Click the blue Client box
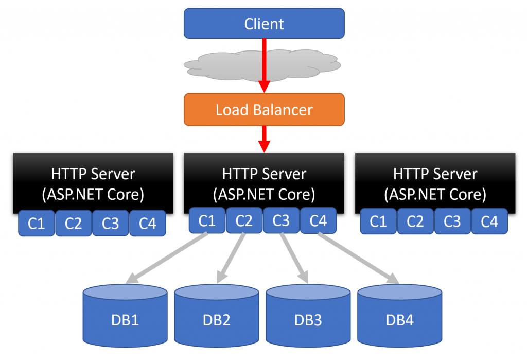(x=264, y=23)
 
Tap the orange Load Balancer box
(x=264, y=109)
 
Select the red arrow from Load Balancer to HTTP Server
(x=264, y=139)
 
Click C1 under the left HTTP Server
(x=37, y=223)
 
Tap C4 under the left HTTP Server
(x=148, y=223)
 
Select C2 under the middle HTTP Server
(x=244, y=220)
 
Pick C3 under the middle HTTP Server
(x=281, y=220)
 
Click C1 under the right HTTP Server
(x=378, y=221)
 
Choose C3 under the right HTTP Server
(x=452, y=221)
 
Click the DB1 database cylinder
(x=125, y=316)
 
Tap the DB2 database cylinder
(x=217, y=316)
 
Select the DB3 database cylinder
(x=308, y=316)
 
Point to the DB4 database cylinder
(x=399, y=316)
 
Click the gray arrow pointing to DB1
(x=166, y=259)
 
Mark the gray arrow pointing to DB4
(x=359, y=259)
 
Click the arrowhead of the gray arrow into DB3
(x=303, y=277)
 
